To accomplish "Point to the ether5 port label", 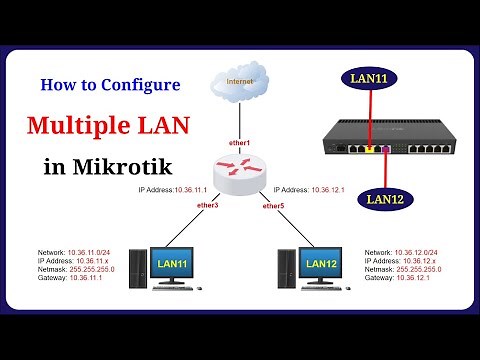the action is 272,206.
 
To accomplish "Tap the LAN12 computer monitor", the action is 321,266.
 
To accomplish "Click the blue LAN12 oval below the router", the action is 383,199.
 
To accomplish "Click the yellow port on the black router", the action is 370,147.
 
